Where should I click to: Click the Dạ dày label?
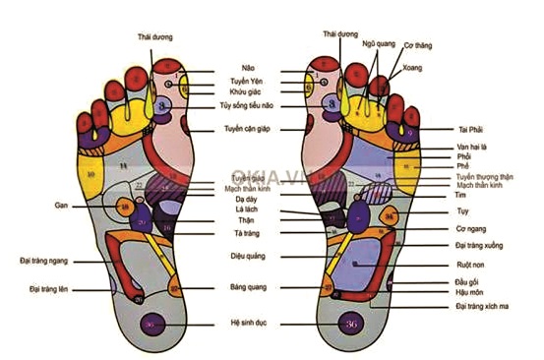click(233, 198)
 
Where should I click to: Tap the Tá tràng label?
click(233, 234)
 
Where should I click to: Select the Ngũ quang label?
click(377, 43)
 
